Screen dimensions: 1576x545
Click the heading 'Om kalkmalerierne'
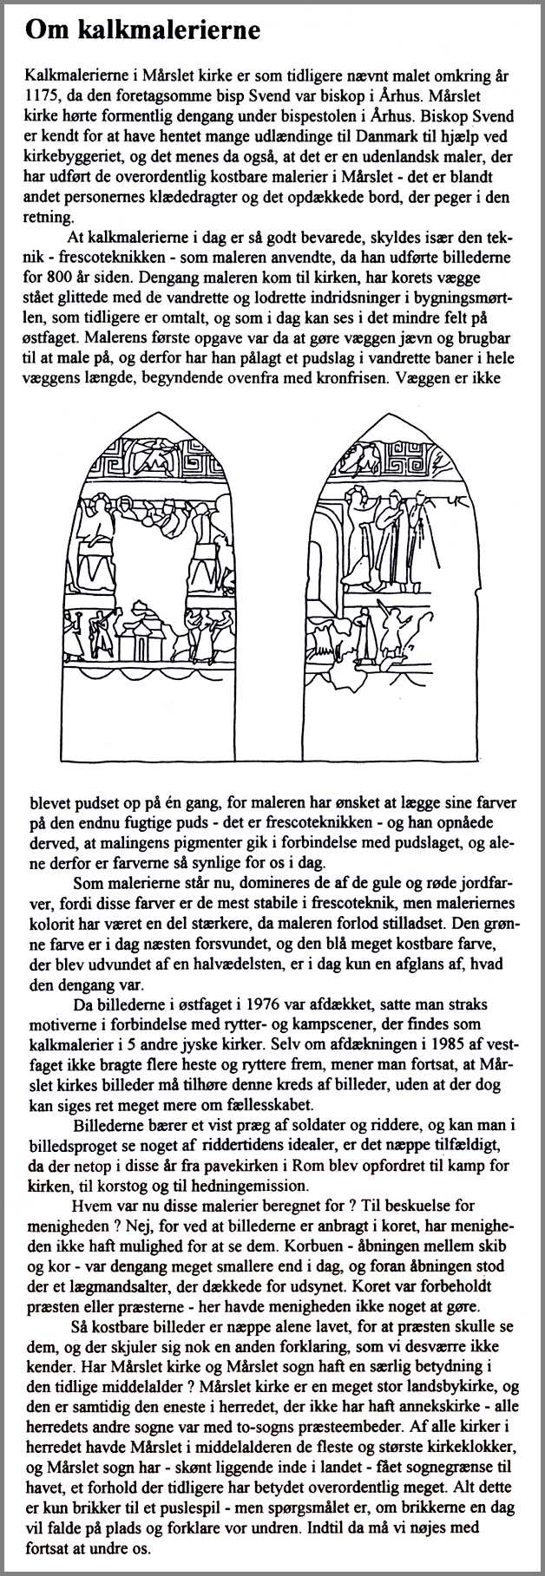tap(142, 32)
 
